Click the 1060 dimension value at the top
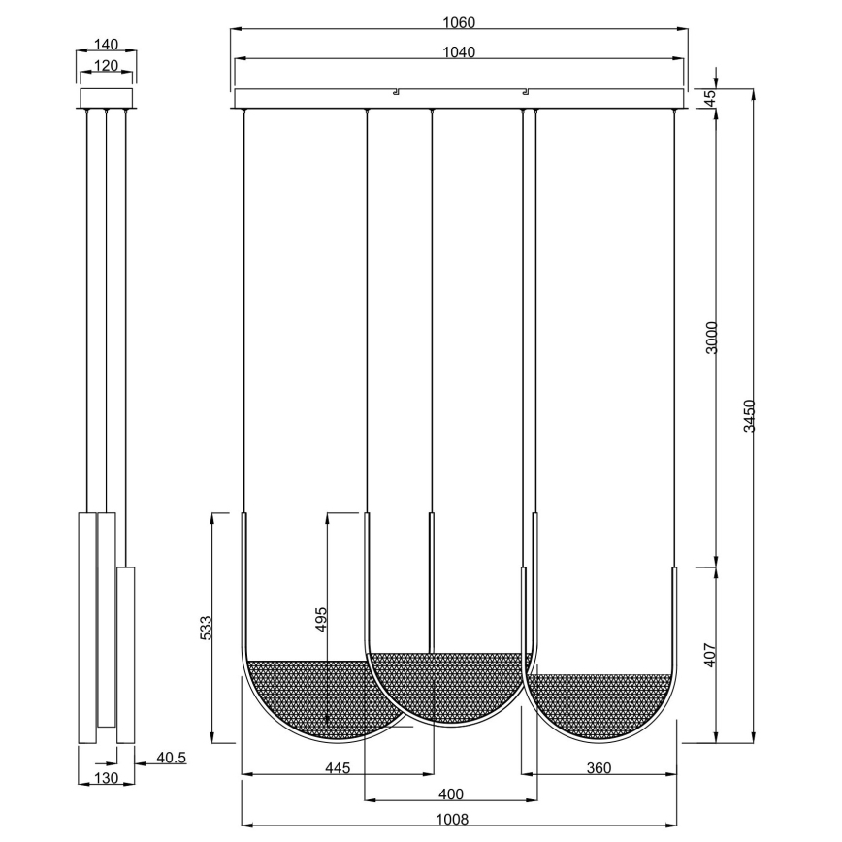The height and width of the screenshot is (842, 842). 459,21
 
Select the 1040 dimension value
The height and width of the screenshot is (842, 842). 459,52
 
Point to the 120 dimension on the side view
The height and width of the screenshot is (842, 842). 106,66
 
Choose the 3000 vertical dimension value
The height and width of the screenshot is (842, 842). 710,337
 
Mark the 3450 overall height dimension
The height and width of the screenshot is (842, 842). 747,415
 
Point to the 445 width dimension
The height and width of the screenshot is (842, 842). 338,767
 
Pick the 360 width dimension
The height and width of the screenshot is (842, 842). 599,767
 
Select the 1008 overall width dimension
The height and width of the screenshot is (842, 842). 459,818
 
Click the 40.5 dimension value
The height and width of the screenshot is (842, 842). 170,758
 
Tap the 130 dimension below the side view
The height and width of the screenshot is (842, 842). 106,778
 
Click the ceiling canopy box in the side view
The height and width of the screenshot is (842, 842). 106,99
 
